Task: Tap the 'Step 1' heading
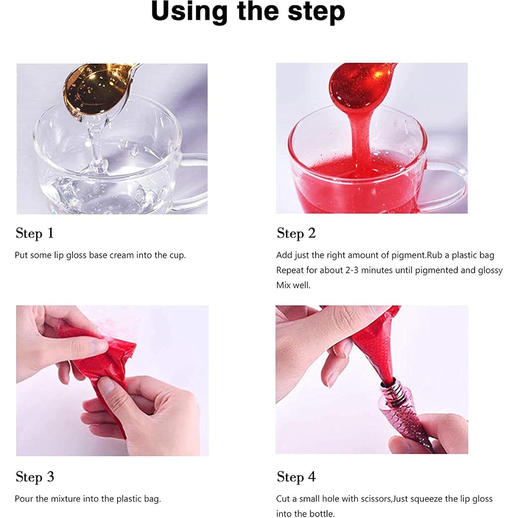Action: click(35, 233)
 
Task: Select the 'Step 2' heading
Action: click(296, 233)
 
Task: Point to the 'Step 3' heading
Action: click(35, 477)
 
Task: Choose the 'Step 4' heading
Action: click(296, 477)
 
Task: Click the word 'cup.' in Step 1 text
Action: click(178, 255)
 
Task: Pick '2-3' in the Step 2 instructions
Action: click(352, 270)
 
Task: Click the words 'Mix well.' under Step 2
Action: click(293, 285)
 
